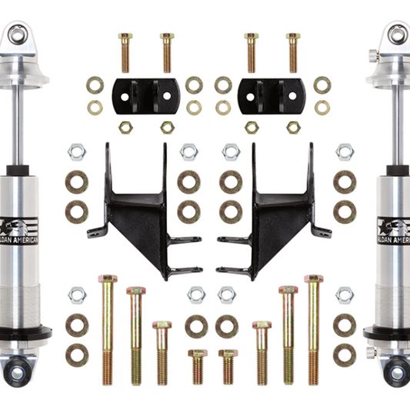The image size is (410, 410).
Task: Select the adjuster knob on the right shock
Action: (372, 55)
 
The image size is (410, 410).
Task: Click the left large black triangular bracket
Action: (138, 212)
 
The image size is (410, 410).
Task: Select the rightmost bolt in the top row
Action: (292, 52)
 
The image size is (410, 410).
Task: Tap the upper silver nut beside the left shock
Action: (76, 152)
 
